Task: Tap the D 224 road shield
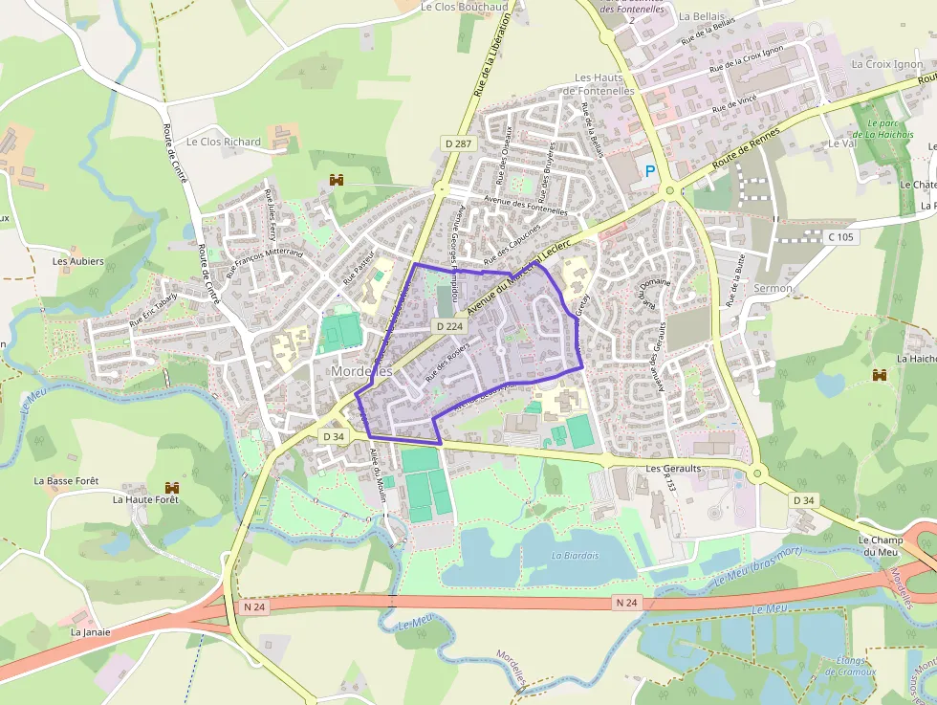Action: [x=449, y=326]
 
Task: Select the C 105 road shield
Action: [x=840, y=236]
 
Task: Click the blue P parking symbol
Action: [x=650, y=171]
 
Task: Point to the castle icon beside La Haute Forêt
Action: [x=173, y=488]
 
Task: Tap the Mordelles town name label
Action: [x=361, y=370]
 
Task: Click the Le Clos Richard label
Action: [x=224, y=142]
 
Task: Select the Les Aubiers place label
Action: [x=78, y=261]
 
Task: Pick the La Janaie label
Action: [x=91, y=632]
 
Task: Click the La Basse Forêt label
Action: [x=66, y=481]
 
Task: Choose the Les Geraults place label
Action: [x=673, y=470]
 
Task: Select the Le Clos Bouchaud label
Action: [x=465, y=7]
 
